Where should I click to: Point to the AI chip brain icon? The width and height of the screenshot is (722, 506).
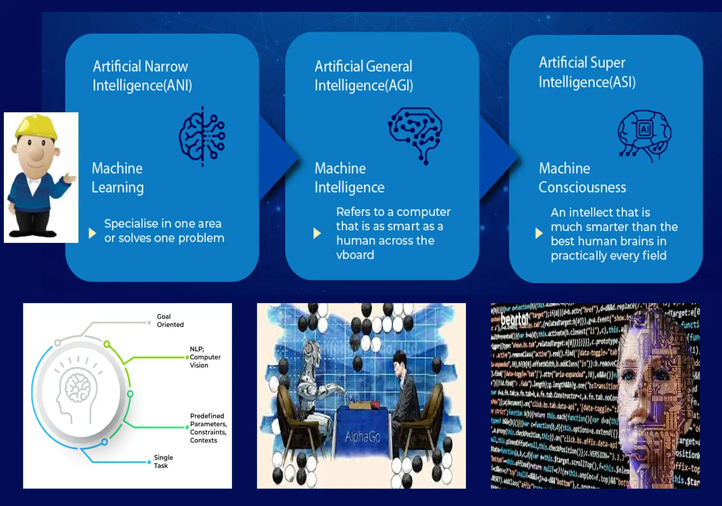point(645,134)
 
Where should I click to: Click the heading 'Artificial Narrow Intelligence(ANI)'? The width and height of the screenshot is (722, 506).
point(142,76)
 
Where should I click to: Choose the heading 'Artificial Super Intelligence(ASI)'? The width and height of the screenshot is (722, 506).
point(587,72)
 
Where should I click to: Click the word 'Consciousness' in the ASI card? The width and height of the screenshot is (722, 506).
point(582,187)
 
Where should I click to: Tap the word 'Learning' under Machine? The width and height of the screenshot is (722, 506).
point(117,187)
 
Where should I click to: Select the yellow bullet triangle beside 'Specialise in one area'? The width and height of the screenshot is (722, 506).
point(92,234)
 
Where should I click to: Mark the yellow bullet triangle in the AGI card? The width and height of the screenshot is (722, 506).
point(317,234)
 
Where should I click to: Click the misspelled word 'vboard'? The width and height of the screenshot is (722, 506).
point(355,255)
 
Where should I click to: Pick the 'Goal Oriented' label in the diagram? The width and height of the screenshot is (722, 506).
point(170,320)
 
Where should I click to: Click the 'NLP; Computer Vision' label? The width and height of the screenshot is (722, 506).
point(205,357)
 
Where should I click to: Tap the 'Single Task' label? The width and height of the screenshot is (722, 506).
point(163,462)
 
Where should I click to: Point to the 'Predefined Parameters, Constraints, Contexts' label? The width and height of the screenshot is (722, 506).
point(208,428)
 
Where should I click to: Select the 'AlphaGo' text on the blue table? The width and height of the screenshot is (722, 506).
point(362,437)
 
